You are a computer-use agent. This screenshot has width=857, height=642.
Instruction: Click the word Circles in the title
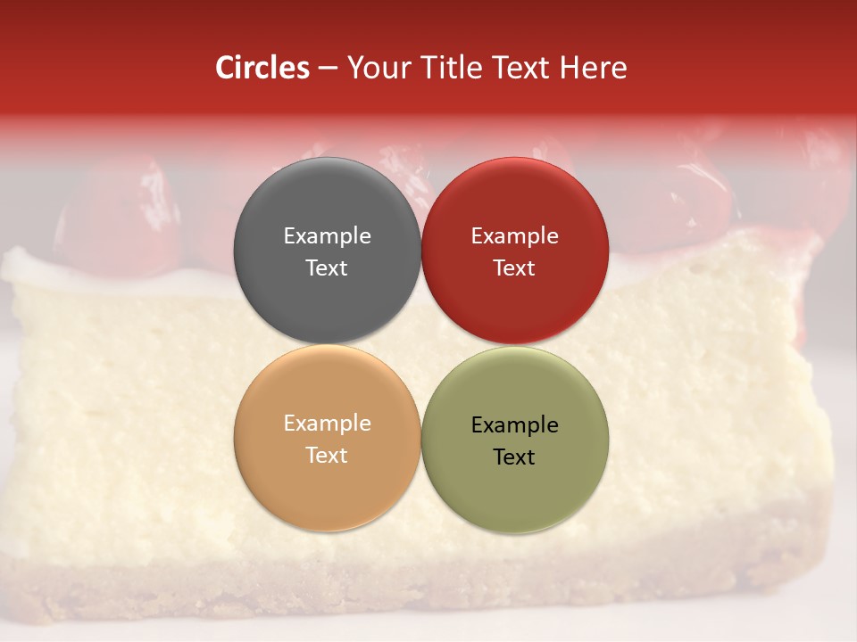point(262,68)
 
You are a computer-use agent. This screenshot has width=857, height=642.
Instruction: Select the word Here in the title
point(593,68)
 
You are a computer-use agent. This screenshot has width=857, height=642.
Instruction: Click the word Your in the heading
point(376,68)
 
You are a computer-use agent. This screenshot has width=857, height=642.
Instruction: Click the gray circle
point(327,205)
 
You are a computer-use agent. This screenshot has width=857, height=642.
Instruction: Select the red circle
point(515,205)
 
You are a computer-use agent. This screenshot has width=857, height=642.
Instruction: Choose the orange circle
point(327,481)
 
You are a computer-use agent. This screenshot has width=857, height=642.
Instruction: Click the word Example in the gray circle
point(327,236)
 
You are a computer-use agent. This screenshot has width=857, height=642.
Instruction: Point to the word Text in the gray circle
point(327,268)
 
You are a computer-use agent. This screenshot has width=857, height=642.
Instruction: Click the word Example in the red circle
point(515,236)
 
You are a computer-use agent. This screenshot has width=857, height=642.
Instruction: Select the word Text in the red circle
point(515,268)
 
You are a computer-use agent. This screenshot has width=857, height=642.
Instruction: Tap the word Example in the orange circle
point(327,424)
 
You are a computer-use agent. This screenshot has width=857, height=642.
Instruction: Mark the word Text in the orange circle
point(327,456)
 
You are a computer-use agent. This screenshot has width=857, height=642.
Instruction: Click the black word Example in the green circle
point(515,425)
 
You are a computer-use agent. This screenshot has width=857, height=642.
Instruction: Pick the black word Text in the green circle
point(515,457)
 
